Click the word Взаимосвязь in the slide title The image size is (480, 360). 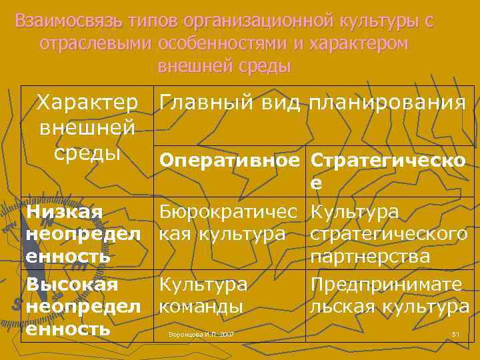coord(63,21)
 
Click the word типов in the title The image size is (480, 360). coord(143,21)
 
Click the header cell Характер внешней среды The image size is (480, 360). coord(87,127)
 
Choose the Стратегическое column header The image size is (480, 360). coord(389,170)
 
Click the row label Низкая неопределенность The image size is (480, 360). coord(83,234)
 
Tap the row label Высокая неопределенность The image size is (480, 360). coord(83,307)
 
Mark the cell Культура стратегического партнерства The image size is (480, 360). coord(389,234)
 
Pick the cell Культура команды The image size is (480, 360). coord(203,295)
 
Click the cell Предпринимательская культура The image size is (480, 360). coord(389,295)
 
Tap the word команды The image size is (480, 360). coord(200,307)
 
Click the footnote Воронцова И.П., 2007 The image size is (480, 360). coord(201,333)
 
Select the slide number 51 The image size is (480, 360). coord(456,333)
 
